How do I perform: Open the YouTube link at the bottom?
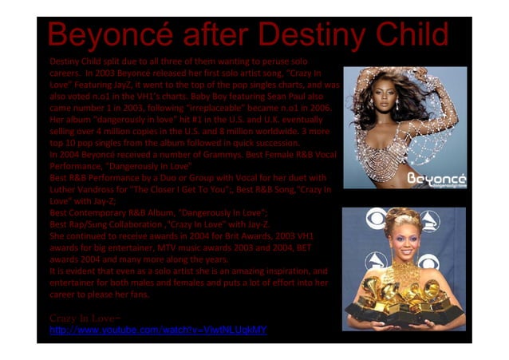click(158, 329)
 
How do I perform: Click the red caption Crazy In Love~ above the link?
click(79, 318)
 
